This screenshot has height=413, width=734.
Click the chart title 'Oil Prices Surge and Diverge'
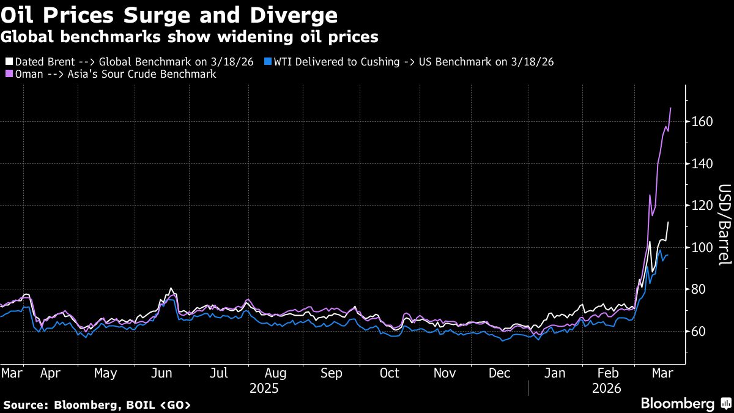click(x=169, y=14)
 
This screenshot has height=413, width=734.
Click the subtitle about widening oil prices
click(x=189, y=37)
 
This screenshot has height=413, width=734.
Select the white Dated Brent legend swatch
click(x=9, y=62)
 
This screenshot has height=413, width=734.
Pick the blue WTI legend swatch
click(x=268, y=62)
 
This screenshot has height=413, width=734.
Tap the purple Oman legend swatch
click(x=9, y=74)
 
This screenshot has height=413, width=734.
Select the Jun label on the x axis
click(x=162, y=373)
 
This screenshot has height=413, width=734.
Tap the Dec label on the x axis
click(x=500, y=373)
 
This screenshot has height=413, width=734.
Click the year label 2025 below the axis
click(x=264, y=389)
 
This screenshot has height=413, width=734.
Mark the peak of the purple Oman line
click(x=671, y=108)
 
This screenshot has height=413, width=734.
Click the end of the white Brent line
click(x=668, y=222)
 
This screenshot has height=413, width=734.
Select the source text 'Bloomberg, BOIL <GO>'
click(x=122, y=405)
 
